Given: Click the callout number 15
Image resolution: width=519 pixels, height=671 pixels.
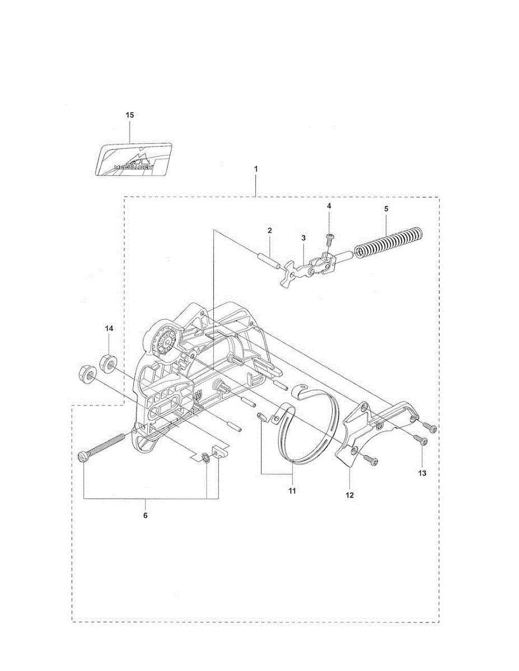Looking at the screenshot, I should click(130, 115).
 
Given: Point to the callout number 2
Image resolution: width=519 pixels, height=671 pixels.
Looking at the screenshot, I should click(269, 230).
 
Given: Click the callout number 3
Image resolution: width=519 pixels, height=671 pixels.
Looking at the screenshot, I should click(303, 238).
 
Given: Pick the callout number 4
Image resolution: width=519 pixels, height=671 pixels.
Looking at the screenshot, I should click(329, 206).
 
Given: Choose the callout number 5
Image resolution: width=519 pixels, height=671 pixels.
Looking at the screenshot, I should click(386, 208).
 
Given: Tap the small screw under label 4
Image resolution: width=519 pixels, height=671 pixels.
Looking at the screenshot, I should click(329, 240).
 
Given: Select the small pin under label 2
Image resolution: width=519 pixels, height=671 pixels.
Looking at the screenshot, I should click(268, 260).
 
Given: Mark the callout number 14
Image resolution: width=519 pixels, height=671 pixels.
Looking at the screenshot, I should click(109, 329).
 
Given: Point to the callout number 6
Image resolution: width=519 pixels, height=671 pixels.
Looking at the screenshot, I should click(146, 515).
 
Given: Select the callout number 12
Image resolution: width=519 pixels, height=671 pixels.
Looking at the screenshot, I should click(350, 494).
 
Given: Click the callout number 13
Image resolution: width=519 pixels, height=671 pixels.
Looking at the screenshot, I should click(422, 473).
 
